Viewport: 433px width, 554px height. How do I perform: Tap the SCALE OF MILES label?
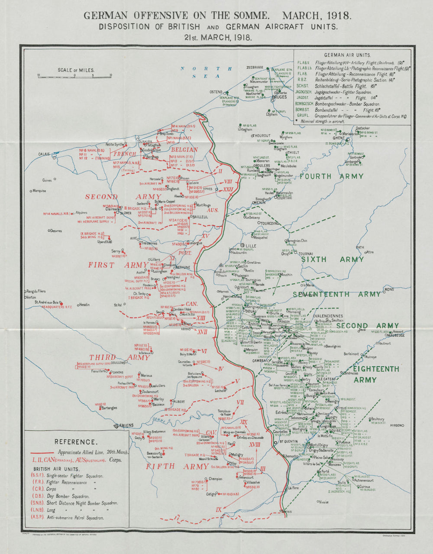coord(76,70)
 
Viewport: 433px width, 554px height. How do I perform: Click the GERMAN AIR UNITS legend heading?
coord(347,55)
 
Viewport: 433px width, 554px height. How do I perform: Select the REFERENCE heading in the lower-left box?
coord(75,442)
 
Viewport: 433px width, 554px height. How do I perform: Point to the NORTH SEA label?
coord(206,72)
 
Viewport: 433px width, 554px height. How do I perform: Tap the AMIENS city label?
coord(126,425)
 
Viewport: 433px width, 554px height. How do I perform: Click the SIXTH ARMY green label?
coord(333,259)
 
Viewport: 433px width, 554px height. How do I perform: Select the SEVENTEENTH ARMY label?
coord(336,295)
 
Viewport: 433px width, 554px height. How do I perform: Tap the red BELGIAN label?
coord(184,149)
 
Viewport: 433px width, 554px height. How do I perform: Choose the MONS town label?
coord(388,289)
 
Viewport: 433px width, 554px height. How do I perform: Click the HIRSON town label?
coord(396,426)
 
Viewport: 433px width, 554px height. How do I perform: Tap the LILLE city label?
coord(251,246)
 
